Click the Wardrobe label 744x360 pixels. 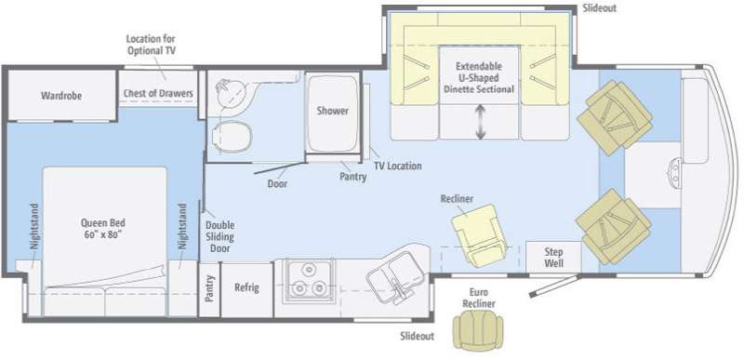tap(61, 96)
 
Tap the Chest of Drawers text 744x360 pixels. tap(158, 93)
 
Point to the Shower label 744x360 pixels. tap(333, 111)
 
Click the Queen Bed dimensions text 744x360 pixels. tap(103, 234)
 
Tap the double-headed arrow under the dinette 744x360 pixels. tap(480, 123)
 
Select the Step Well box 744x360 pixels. tap(553, 257)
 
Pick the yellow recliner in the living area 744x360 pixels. tap(479, 234)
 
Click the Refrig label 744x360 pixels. tap(247, 287)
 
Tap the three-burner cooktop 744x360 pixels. tap(308, 281)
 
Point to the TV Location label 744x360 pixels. tap(398, 166)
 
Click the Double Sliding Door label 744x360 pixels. tap(219, 236)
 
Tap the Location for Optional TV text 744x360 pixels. tap(151, 44)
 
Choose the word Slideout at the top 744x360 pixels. tap(599, 8)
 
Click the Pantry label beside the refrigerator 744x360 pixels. tap(209, 289)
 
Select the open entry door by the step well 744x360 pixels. tap(554, 286)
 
